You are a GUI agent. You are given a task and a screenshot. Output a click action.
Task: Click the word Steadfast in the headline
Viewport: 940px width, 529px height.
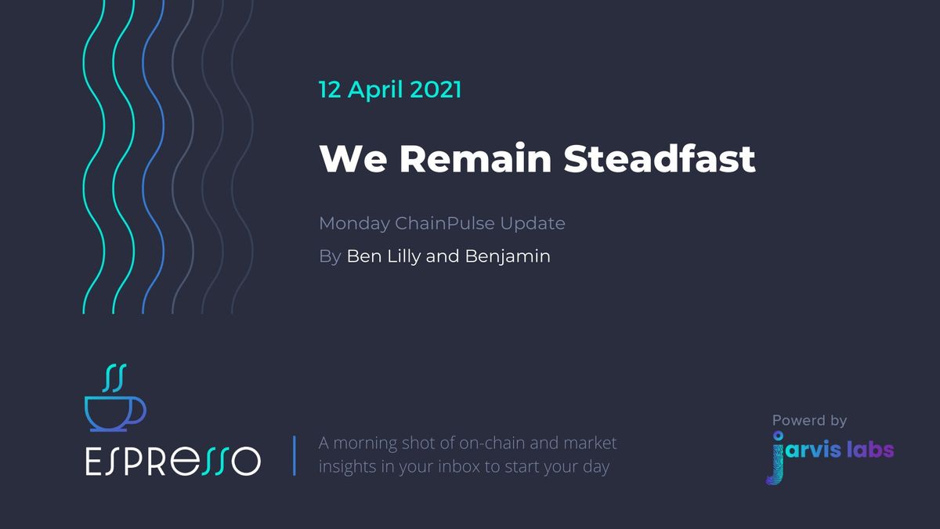coord(660,159)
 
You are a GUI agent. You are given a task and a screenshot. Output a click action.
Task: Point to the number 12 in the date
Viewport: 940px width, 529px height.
coord(329,89)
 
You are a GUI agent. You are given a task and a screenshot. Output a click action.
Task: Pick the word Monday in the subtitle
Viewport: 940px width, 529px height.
coord(353,223)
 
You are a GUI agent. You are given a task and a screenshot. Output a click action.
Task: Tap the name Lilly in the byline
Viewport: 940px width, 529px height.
coord(402,256)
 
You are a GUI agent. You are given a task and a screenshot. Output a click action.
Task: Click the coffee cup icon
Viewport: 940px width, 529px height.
coord(114,411)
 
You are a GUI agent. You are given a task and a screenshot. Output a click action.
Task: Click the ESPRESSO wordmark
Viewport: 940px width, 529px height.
coord(172,461)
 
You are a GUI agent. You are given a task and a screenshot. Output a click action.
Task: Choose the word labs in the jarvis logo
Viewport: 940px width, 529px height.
coord(869,450)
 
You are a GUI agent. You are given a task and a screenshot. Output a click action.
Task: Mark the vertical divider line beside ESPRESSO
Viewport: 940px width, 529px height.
coord(295,455)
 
